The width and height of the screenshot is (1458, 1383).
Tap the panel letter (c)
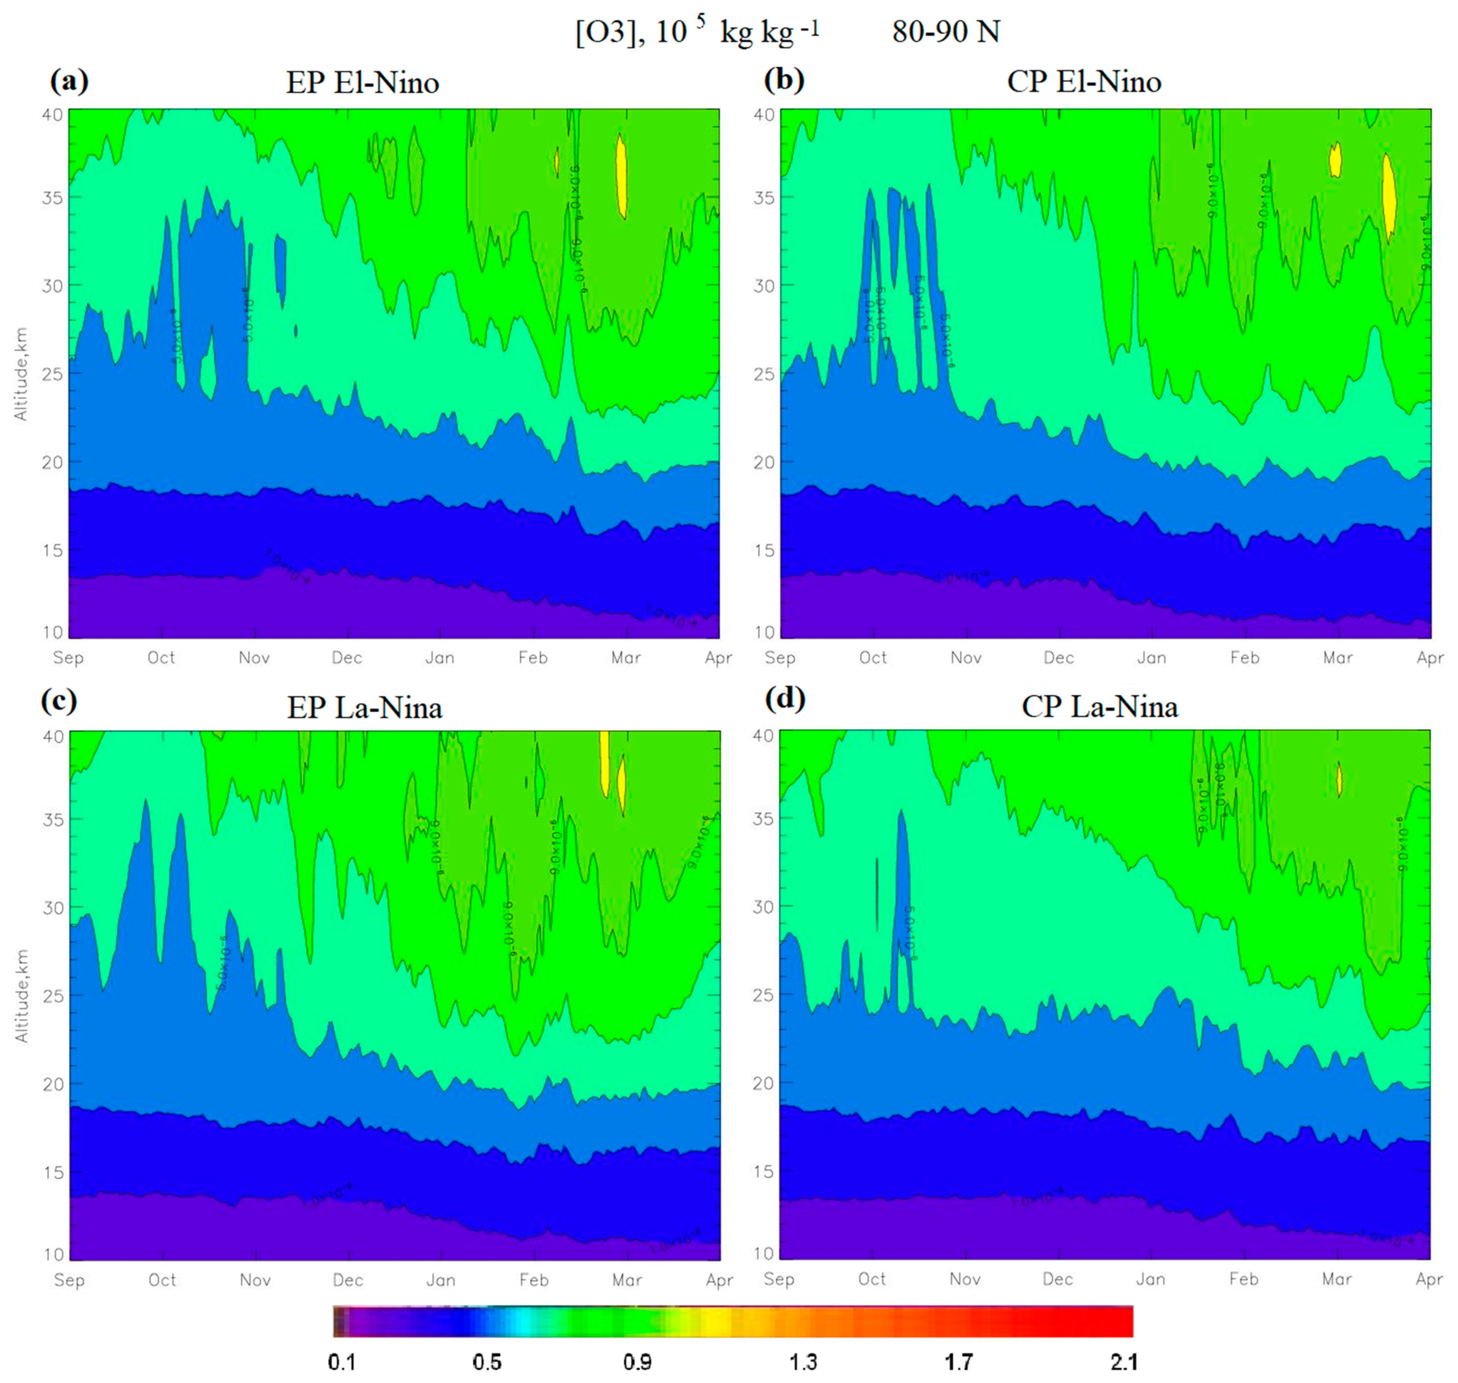click(x=59, y=700)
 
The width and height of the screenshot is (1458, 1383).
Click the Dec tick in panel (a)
click(x=346, y=658)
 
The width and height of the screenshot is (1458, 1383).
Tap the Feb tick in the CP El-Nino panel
click(x=1244, y=658)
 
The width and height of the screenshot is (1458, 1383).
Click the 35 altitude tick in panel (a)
click(x=51, y=198)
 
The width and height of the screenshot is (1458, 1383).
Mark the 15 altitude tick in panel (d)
click(x=763, y=1171)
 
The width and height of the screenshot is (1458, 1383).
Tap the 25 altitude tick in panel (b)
click(x=763, y=374)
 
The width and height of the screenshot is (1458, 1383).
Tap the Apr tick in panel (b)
click(x=1429, y=658)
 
